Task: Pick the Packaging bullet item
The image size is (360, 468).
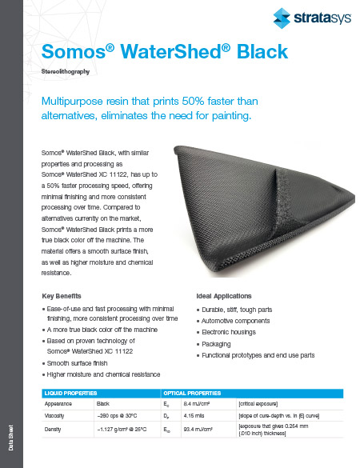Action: pos(218,343)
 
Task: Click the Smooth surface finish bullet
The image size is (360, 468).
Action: pos(82,362)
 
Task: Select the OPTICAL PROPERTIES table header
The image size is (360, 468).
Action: pos(193,394)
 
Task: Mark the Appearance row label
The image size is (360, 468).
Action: pos(59,405)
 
